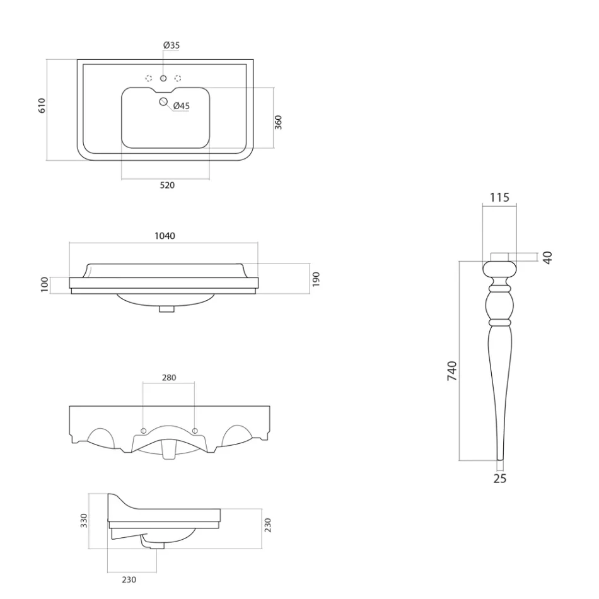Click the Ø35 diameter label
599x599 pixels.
tap(171, 45)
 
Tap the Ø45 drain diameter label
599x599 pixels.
tap(181, 106)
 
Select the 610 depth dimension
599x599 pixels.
tap(42, 105)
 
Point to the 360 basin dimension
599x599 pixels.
tap(278, 122)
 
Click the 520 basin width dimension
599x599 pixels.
tap(167, 185)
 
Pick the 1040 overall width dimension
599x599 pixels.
tap(165, 236)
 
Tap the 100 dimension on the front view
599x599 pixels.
tap(44, 284)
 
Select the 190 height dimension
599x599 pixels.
tap(316, 278)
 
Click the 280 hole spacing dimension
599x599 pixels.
tap(169, 378)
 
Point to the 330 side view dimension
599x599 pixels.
tap(84, 520)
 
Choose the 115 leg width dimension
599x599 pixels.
tap(499, 197)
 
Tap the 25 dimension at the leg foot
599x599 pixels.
tap(499, 479)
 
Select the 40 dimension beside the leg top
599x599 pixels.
tap(547, 257)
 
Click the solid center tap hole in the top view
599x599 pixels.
tap(163, 78)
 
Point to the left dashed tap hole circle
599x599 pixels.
tap(149, 78)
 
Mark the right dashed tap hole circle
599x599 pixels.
tap(178, 78)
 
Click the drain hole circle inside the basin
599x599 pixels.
tap(164, 102)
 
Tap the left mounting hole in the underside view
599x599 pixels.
tap(144, 431)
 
